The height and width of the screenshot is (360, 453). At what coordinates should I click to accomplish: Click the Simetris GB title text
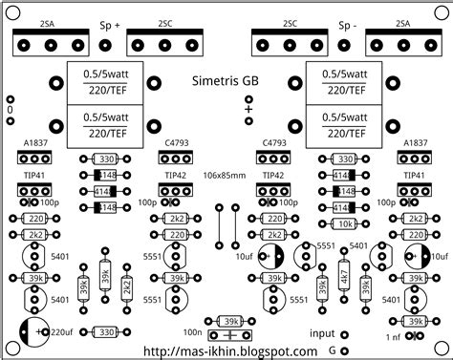click(x=226, y=82)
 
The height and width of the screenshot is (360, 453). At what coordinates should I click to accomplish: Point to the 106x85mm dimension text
click(x=226, y=176)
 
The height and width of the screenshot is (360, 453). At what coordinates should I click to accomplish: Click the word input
click(x=322, y=332)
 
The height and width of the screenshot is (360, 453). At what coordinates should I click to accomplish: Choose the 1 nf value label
click(x=392, y=337)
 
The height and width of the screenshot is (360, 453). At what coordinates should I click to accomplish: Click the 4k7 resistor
click(x=343, y=284)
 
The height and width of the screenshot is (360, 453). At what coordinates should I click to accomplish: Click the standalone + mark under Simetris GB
click(x=248, y=110)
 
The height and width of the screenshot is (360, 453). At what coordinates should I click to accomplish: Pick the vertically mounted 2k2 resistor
click(x=127, y=284)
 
